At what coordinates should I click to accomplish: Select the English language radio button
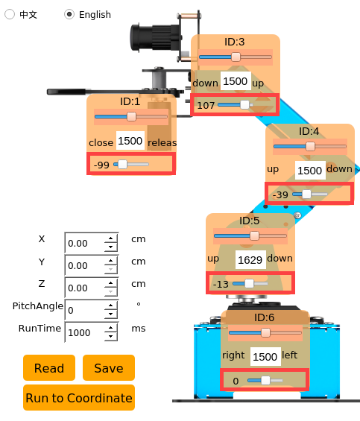69,14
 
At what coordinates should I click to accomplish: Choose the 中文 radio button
10,14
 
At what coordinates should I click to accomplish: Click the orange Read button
49,368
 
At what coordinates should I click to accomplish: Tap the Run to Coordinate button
79,398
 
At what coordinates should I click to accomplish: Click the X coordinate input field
85,243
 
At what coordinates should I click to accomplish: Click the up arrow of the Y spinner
111,261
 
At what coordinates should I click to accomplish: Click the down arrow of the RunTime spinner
111,336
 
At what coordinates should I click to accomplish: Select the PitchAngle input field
85,310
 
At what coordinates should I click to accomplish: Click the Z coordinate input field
85,288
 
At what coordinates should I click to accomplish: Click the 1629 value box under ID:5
250,259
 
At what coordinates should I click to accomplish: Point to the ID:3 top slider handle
236,57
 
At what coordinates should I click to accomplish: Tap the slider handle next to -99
122,165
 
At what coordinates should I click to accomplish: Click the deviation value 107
206,105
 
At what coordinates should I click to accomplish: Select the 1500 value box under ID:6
265,357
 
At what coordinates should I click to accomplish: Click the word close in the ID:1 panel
101,142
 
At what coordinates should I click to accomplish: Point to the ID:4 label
309,131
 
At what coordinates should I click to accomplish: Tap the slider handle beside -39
306,194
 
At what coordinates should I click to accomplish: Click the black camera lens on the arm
154,37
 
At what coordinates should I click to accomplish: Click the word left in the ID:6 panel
290,355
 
